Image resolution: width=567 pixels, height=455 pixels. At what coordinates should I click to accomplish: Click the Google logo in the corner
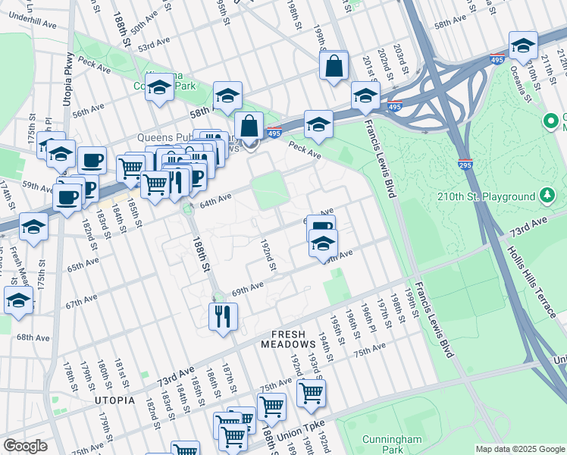point(25,446)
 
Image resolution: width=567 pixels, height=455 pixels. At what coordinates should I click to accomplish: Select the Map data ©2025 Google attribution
point(519,449)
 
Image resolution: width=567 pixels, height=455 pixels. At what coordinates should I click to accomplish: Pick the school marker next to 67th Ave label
point(17,300)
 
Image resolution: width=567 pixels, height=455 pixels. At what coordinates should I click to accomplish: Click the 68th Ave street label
point(33,337)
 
